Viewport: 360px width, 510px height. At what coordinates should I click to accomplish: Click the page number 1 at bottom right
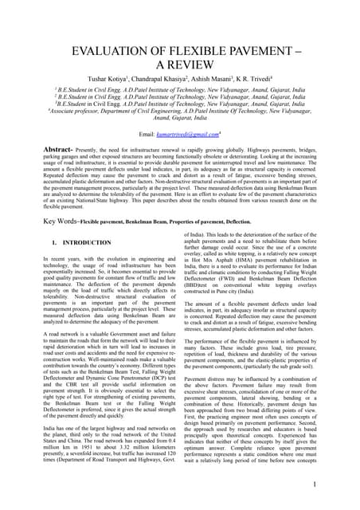(338, 484)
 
